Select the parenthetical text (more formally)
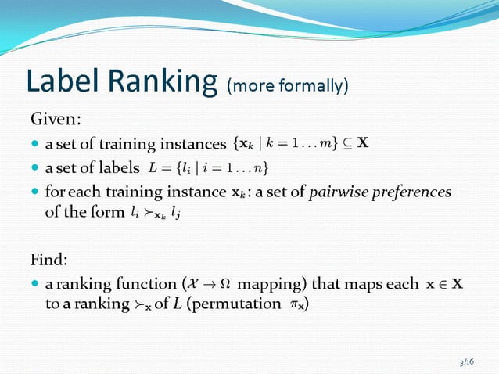[287, 85]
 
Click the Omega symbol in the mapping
[225, 283]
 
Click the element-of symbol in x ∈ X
[442, 283]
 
